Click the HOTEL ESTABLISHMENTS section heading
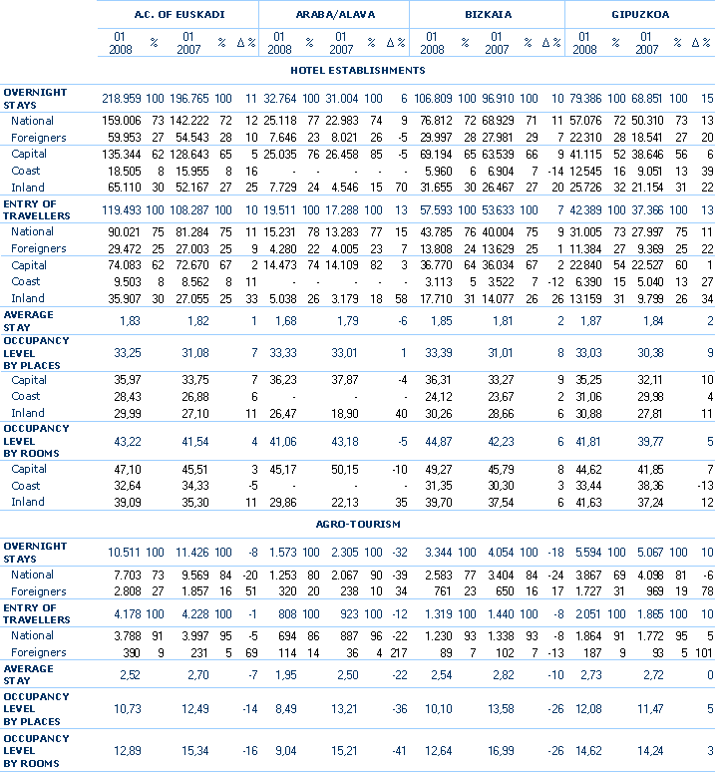click(358, 71)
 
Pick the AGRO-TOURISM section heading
click(358, 524)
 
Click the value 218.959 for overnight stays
click(123, 99)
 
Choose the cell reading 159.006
click(123, 121)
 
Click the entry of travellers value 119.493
click(123, 211)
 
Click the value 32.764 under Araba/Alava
click(280, 99)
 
